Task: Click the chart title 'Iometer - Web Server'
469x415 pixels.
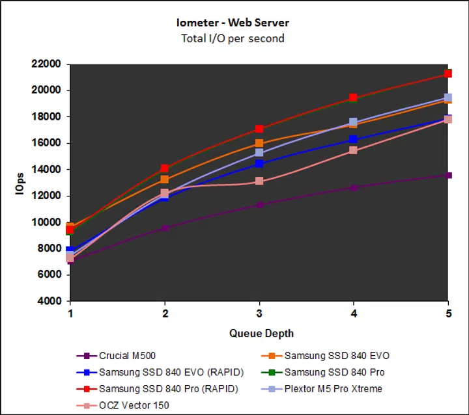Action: point(233,23)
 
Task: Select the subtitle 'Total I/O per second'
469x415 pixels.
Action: point(233,38)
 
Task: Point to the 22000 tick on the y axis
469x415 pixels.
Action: point(46,64)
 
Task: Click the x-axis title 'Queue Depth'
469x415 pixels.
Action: point(261,334)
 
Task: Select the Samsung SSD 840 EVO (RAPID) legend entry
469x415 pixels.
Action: point(159,373)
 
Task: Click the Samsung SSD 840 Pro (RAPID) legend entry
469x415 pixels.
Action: point(156,389)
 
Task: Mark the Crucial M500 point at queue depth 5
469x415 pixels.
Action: point(448,176)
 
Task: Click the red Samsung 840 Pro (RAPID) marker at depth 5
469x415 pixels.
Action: point(448,74)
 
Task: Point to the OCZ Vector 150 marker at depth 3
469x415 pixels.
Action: point(259,181)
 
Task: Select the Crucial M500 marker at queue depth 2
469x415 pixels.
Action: point(165,228)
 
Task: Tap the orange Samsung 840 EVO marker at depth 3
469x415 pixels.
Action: point(259,143)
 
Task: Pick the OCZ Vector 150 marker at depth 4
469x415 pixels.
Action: point(354,150)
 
